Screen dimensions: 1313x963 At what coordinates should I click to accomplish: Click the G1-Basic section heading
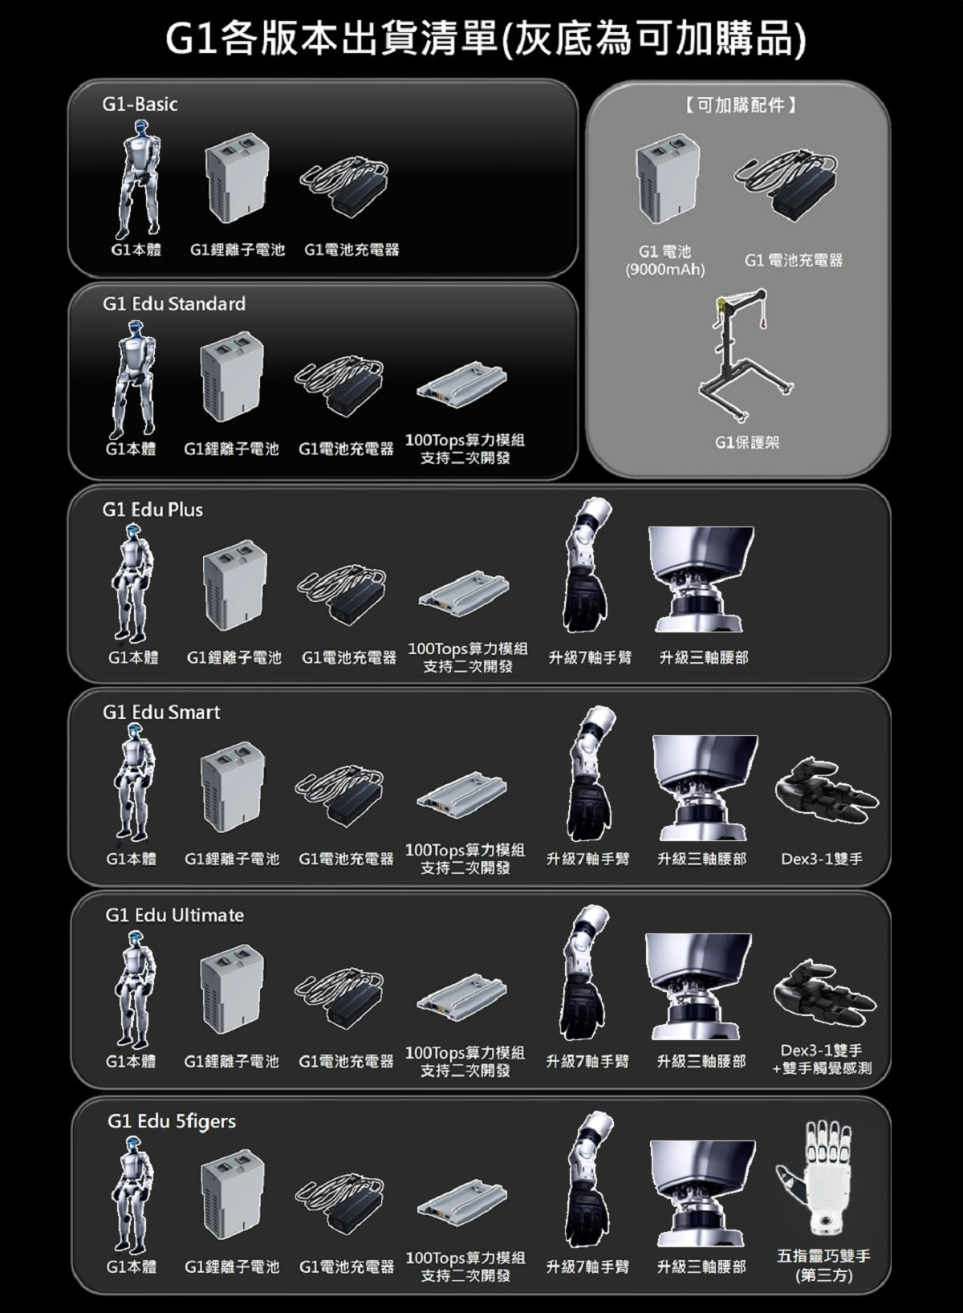click(x=140, y=104)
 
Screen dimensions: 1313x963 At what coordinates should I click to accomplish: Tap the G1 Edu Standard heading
click(x=173, y=304)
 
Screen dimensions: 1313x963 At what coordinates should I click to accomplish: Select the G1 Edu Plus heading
click(x=152, y=510)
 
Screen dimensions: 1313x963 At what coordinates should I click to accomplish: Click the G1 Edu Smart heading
click(x=160, y=712)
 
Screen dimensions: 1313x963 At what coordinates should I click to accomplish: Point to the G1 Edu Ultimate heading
click(x=174, y=915)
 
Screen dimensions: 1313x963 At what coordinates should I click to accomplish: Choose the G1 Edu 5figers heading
click(x=172, y=1121)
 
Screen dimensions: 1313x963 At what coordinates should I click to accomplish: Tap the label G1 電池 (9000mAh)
click(x=664, y=261)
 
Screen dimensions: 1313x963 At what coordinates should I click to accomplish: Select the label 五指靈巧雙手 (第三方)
click(x=823, y=1266)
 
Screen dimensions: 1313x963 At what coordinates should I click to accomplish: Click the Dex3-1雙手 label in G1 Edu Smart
click(x=822, y=860)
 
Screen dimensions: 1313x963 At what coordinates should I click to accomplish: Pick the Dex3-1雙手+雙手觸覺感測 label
click(x=822, y=1059)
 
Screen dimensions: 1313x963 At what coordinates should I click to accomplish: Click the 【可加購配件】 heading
click(x=740, y=105)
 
